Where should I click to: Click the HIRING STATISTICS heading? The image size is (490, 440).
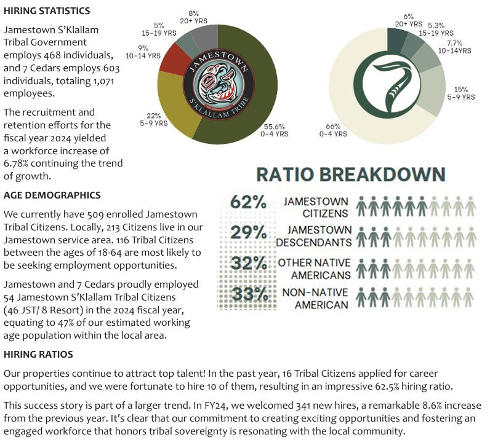tap(47, 11)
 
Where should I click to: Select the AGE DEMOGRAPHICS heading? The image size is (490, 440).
tap(52, 195)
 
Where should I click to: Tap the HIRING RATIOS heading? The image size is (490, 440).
tap(38, 355)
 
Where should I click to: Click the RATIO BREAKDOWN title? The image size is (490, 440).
tap(350, 174)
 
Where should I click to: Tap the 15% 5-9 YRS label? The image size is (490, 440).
tap(460, 93)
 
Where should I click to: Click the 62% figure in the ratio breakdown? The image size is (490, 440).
tap(248, 202)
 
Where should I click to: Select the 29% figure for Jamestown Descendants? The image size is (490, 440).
tap(248, 232)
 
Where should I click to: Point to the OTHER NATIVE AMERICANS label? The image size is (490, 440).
tap(315, 269)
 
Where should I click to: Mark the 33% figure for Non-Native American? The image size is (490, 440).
tap(248, 294)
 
